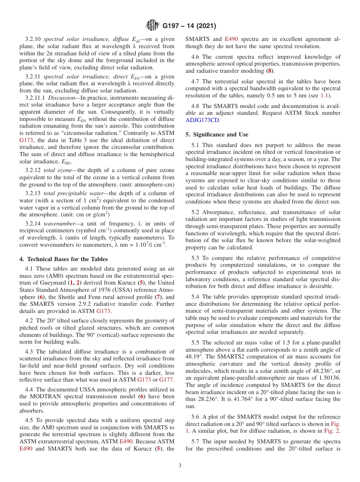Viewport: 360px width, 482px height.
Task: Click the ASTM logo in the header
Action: [152, 26]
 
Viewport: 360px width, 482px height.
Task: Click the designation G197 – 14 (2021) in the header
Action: [189, 26]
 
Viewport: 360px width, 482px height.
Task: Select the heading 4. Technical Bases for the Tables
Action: [63, 259]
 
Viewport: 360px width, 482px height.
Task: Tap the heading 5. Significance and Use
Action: [217, 135]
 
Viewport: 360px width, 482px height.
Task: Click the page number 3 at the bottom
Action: [180, 466]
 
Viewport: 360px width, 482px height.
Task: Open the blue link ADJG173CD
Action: [202, 120]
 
